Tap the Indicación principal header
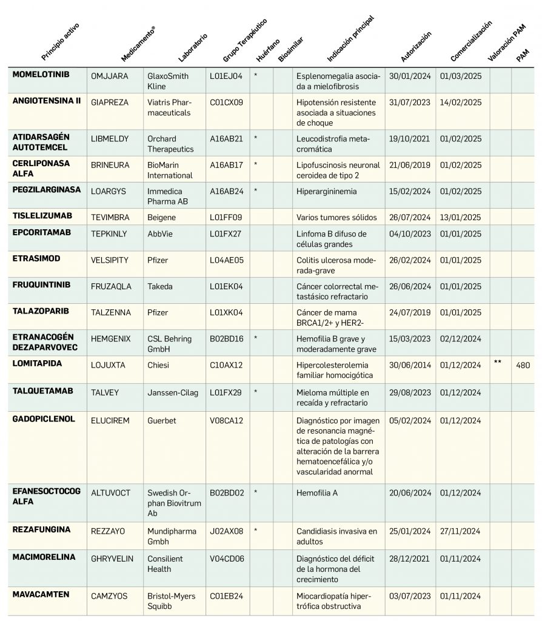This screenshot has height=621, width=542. click(x=350, y=40)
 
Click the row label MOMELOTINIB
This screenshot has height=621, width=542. click(x=41, y=75)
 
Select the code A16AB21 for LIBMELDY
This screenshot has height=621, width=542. click(x=226, y=139)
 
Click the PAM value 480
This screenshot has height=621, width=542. click(x=524, y=365)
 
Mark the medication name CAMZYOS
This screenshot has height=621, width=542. click(x=110, y=596)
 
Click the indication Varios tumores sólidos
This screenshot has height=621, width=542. click(x=336, y=217)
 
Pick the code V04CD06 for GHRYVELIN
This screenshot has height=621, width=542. click(x=227, y=559)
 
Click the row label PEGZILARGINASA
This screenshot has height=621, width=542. click(x=47, y=190)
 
